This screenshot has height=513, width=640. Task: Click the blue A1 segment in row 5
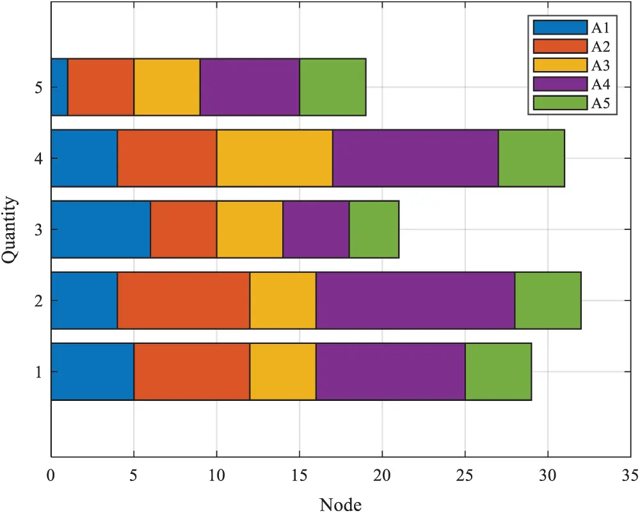(x=60, y=87)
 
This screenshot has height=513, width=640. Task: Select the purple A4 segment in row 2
(x=416, y=300)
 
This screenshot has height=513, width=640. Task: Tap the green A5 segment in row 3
(x=374, y=229)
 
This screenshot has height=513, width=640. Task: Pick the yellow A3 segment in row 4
(x=275, y=158)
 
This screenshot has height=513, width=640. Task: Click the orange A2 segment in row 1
(x=192, y=371)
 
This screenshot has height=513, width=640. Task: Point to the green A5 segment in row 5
(x=333, y=87)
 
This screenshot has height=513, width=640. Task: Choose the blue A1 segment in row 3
(x=100, y=229)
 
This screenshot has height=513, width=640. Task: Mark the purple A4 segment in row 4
(x=415, y=158)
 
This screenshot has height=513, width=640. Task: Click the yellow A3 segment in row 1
(x=283, y=371)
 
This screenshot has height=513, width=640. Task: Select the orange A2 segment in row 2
(x=184, y=300)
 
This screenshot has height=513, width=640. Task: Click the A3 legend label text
(x=600, y=65)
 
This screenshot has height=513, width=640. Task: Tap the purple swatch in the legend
(x=560, y=84)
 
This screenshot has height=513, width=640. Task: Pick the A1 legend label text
(x=600, y=28)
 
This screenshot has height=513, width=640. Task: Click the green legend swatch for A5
(x=560, y=103)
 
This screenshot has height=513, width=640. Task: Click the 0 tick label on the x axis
(x=51, y=476)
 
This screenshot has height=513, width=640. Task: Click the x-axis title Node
(x=340, y=504)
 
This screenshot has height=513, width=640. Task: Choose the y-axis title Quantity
(x=10, y=229)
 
